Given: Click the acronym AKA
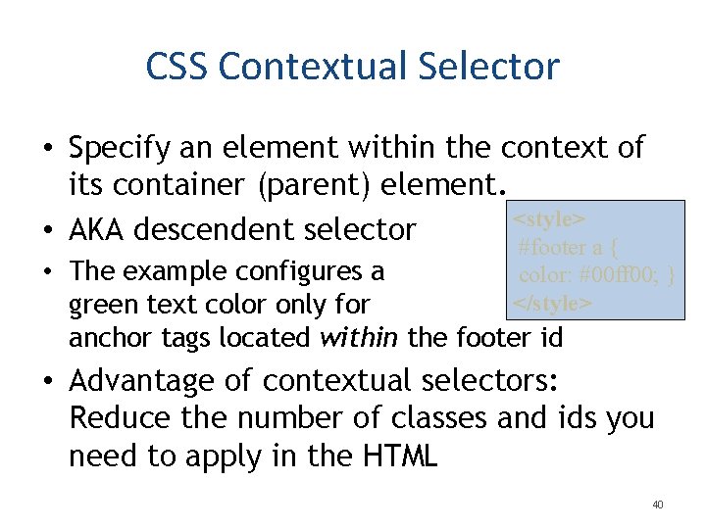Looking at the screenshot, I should tap(97, 230).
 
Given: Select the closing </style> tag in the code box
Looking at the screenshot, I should tap(552, 304).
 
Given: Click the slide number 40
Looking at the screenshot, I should tap(657, 505).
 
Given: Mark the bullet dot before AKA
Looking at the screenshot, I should tap(47, 231).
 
